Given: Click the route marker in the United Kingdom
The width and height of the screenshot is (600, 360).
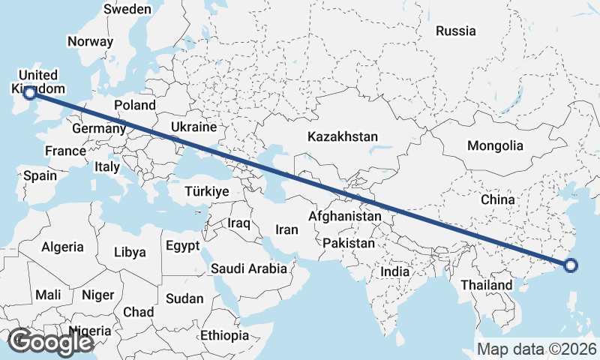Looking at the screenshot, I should (29, 92).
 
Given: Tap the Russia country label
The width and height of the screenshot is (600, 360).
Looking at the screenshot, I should (455, 31).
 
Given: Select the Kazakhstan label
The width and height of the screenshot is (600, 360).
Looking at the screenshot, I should (343, 137).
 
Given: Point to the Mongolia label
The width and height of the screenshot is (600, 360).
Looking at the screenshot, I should (495, 145).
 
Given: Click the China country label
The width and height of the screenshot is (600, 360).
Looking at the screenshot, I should (498, 199).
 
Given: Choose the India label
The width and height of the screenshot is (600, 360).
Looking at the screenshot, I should (395, 271).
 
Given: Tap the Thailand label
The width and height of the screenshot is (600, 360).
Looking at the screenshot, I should (487, 285).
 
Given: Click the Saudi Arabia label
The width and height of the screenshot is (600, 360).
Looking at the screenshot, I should (249, 268).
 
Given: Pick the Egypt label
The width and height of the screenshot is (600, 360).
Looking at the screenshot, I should (183, 246).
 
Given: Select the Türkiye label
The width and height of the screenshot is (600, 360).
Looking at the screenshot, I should (206, 192).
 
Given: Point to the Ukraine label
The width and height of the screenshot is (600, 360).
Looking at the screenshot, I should (193, 127).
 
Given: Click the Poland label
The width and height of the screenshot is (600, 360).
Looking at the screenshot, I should (135, 105).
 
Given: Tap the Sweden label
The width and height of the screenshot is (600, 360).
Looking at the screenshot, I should (127, 10).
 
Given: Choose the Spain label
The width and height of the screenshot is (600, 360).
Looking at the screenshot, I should (40, 175).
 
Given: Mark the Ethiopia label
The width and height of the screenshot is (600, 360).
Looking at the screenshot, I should (224, 335).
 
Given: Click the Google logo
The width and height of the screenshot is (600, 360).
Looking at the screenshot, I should (50, 342).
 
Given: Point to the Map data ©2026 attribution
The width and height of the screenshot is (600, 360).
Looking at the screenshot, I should (537, 349).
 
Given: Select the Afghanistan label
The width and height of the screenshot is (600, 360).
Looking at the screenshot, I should (345, 216).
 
